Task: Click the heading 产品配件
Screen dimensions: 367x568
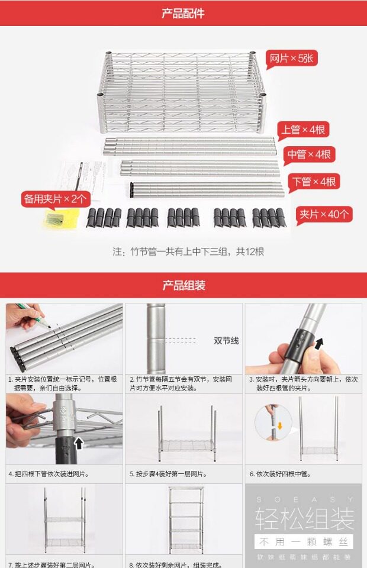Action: pyautogui.click(x=183, y=13)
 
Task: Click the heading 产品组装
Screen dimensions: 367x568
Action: pyautogui.click(x=183, y=286)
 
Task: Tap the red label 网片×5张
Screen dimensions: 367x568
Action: pyautogui.click(x=294, y=59)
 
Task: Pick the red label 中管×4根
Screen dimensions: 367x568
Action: pyautogui.click(x=308, y=154)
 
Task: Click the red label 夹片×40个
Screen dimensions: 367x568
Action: pyautogui.click(x=324, y=214)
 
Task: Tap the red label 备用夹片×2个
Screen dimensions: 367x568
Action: pyautogui.click(x=56, y=198)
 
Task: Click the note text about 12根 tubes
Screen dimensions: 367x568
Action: pyautogui.click(x=188, y=251)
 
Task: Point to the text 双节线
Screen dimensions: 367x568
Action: pyautogui.click(x=226, y=341)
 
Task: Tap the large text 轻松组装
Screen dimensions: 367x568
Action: pyautogui.click(x=304, y=518)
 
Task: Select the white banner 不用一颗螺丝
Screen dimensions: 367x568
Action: pyautogui.click(x=304, y=541)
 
